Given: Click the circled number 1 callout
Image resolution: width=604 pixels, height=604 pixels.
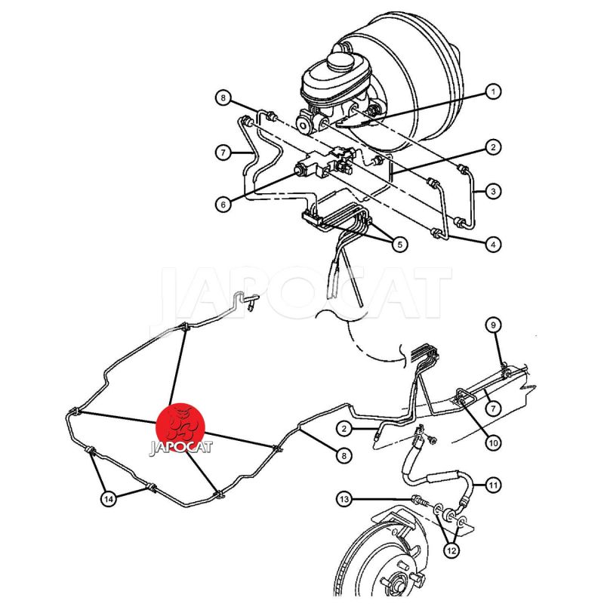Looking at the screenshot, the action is click(x=493, y=92).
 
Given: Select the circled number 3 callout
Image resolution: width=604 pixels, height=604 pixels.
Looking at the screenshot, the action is click(x=493, y=192).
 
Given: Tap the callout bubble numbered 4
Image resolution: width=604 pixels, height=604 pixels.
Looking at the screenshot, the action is click(x=493, y=244).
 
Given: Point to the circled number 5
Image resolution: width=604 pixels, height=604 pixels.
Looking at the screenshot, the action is click(x=399, y=244).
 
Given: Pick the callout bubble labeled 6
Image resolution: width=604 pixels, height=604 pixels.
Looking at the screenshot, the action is click(x=223, y=205).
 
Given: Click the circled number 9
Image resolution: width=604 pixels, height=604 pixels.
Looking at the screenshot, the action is click(x=493, y=325).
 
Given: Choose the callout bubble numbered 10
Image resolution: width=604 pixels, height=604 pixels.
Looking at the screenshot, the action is click(x=493, y=443).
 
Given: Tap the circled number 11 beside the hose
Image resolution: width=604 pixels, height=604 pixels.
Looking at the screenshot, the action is click(x=493, y=485).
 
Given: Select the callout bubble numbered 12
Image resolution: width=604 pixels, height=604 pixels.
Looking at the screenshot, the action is click(x=451, y=550).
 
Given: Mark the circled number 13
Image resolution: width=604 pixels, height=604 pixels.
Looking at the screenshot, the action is click(x=344, y=500).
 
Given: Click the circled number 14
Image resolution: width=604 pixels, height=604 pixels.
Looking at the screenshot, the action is click(x=109, y=499).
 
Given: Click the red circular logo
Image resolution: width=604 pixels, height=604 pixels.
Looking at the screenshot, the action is click(x=180, y=427).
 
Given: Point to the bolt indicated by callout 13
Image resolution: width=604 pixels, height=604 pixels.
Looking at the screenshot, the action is click(x=420, y=501).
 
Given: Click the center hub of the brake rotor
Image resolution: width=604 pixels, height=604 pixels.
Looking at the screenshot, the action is click(x=396, y=582).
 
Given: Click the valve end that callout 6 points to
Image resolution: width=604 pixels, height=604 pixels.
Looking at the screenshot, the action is click(x=299, y=169).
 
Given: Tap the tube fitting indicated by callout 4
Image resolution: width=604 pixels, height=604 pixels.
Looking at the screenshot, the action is click(x=436, y=233).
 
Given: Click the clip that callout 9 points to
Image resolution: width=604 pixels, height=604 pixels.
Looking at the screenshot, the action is click(x=506, y=372).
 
